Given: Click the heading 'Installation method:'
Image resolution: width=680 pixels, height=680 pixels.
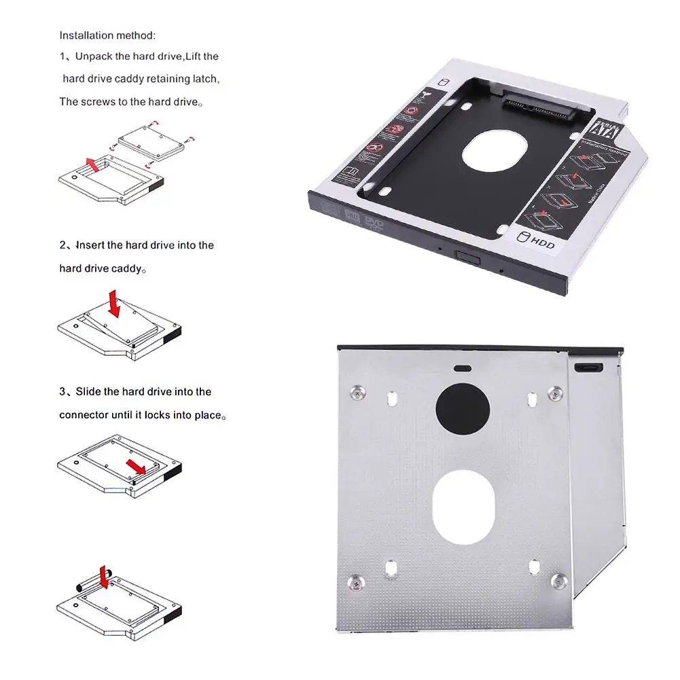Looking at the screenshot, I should pyautogui.click(x=107, y=35).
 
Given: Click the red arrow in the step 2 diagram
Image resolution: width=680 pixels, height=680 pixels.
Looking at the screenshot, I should pyautogui.click(x=113, y=304).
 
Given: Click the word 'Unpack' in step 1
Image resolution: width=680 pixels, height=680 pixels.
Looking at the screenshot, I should pyautogui.click(x=94, y=56).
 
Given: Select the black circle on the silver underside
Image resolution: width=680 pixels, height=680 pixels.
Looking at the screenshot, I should pyautogui.click(x=462, y=408).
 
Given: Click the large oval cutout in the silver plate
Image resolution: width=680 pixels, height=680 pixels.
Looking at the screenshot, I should pyautogui.click(x=463, y=507).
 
